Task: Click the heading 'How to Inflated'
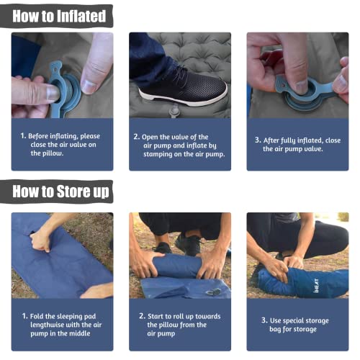[59, 16]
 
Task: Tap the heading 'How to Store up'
[60, 192]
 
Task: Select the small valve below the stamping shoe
[174, 112]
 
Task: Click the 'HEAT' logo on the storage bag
[317, 285]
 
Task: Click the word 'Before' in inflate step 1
[38, 136]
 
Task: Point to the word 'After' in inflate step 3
[271, 140]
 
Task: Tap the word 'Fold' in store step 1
[37, 316]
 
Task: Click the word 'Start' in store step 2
[156, 316]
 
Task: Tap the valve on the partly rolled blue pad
[213, 292]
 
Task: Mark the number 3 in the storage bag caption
[264, 320]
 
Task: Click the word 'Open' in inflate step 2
[150, 138]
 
